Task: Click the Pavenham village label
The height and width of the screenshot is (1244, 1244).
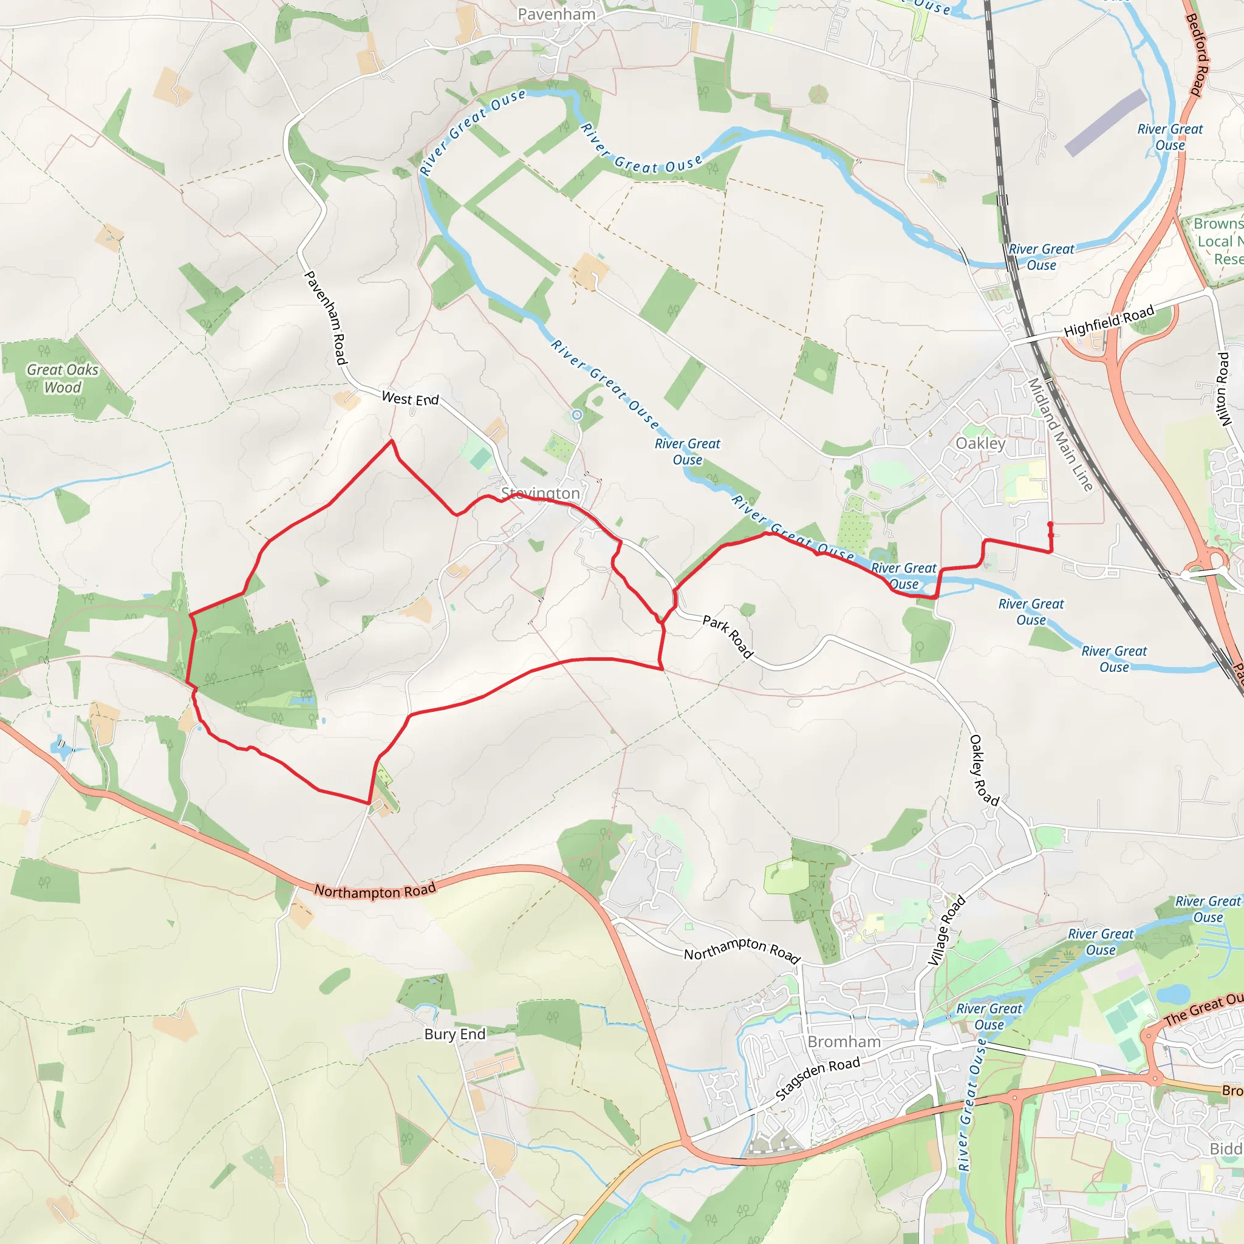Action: coord(556,14)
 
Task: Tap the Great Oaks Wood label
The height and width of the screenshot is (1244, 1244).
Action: coord(63,378)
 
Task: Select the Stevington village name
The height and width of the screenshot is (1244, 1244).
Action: coord(540,493)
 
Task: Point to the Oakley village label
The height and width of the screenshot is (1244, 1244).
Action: coord(980,443)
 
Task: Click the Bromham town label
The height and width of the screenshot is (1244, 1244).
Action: coord(844,1042)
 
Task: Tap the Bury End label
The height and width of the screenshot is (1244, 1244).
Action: coord(454,1034)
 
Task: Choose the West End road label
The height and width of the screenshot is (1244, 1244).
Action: coord(410,398)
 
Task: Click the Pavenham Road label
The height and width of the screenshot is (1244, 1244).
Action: coord(326,318)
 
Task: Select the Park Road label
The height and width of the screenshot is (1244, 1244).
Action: coord(728,636)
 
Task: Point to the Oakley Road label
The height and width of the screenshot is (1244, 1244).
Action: coord(984,770)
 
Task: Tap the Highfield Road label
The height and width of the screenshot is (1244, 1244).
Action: coord(1109,321)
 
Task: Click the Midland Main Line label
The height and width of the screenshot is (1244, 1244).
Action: coord(1060,435)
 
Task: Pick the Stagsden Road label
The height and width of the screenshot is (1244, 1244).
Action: coord(817,1079)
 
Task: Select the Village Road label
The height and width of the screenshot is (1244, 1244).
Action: coord(947,930)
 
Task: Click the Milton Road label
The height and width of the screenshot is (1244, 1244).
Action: coord(1224,388)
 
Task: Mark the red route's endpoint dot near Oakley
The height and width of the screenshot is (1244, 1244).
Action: coord(1050,524)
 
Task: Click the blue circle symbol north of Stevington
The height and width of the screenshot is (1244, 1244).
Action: coord(577,415)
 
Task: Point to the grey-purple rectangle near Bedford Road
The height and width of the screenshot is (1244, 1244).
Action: coord(1106,122)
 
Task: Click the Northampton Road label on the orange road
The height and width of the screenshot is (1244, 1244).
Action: coord(375,890)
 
